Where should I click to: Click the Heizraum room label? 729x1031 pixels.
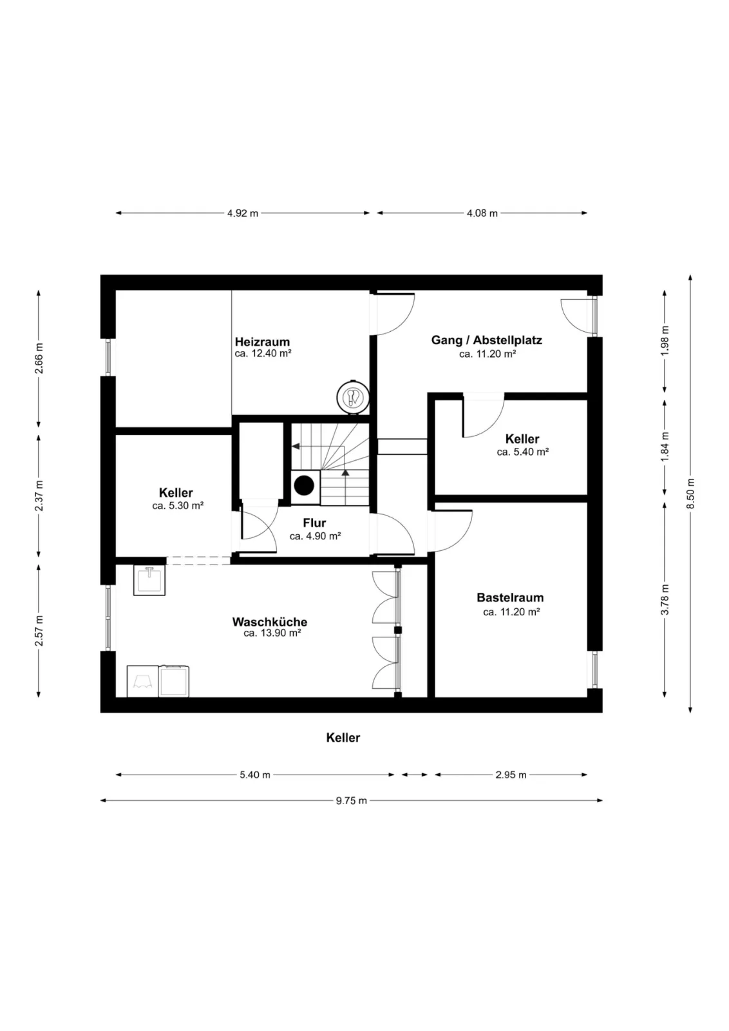point(262,342)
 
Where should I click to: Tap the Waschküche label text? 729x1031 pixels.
point(270,622)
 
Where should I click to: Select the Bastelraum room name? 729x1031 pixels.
point(510,597)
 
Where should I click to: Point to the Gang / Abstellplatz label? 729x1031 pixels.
point(487,340)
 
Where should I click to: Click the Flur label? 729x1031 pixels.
point(315,523)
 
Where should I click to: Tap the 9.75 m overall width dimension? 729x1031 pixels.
point(352,800)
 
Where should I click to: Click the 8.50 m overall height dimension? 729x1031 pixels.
point(690,494)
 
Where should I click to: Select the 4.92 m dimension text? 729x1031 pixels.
point(243,213)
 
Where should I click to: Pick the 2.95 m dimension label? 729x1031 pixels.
point(511,775)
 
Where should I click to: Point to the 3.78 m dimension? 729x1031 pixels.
point(665,599)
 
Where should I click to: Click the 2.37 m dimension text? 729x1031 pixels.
point(39,496)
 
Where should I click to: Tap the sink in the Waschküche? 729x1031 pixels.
point(149,580)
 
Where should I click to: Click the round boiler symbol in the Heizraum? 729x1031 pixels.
point(353,397)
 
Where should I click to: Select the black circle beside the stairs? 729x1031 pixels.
point(304,485)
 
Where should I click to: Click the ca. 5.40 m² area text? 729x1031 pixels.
point(522,452)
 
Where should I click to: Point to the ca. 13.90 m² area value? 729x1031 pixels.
point(272,633)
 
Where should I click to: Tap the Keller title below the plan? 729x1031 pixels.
point(343,738)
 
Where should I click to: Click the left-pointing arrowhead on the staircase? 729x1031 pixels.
point(296,446)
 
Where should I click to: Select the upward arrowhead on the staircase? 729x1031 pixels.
point(345,473)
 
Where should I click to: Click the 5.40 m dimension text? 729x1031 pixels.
point(255,775)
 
